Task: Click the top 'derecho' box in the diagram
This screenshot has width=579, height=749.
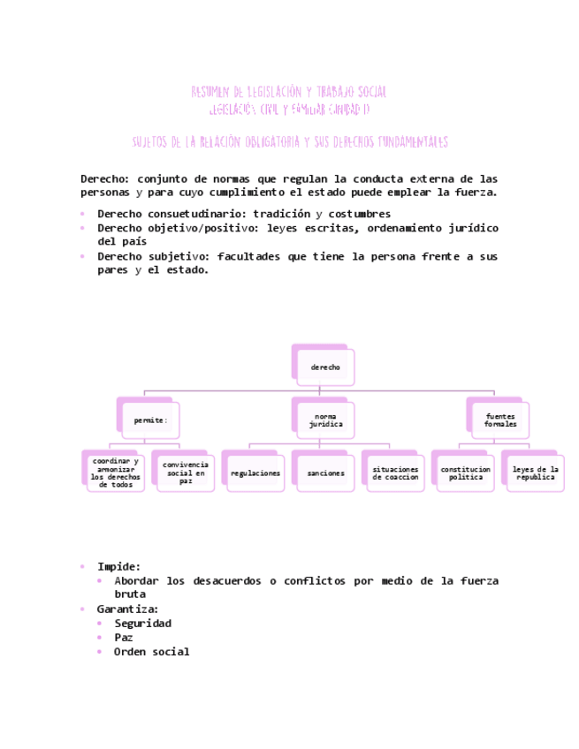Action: [325, 367]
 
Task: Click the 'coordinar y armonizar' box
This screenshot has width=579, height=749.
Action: [116, 473]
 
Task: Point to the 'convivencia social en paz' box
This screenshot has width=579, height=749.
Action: [186, 473]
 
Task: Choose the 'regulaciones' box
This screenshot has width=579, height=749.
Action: [255, 473]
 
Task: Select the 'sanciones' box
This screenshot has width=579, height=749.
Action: [325, 473]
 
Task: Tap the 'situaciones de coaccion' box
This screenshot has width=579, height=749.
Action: [395, 473]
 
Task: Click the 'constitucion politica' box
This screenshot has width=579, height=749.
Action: [465, 473]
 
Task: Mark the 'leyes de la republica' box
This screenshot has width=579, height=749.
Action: [536, 473]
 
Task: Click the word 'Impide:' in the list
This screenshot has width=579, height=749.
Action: [118, 566]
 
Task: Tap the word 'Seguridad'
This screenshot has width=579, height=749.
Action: [142, 623]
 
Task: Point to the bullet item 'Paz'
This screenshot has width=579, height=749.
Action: [124, 637]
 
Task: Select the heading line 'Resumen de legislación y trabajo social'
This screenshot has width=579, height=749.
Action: [289, 92]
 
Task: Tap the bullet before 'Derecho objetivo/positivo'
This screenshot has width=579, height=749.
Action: [82, 228]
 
